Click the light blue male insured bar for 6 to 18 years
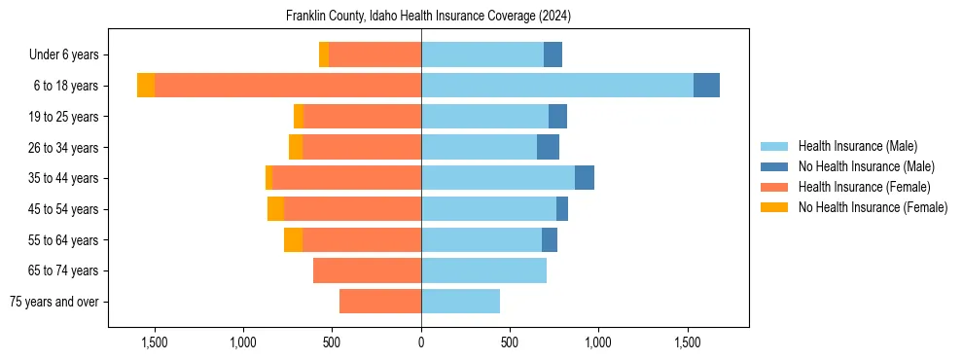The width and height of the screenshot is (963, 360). [556, 86]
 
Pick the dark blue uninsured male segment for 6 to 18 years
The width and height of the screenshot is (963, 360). [706, 86]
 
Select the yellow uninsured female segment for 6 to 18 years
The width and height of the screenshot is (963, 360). [146, 86]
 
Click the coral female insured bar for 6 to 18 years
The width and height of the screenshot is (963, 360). [287, 86]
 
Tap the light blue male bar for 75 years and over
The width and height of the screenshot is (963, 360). [460, 302]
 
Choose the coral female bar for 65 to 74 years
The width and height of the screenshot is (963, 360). [367, 270]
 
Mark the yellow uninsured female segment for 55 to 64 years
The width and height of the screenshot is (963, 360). [293, 239]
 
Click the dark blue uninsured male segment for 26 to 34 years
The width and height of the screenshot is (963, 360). [548, 147]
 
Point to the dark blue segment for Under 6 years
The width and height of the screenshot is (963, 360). [553, 54]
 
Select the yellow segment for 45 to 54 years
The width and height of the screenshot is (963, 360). [275, 209]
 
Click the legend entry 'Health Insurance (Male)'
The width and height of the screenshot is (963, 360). [857, 146]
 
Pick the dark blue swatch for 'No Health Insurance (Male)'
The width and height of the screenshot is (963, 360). [774, 166]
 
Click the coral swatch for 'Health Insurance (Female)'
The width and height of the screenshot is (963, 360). [774, 187]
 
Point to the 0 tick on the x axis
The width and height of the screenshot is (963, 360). [421, 342]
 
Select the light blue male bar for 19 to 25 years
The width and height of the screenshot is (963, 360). [484, 117]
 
